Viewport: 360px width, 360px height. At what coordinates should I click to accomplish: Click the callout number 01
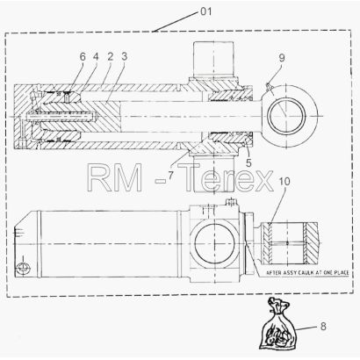[205, 11]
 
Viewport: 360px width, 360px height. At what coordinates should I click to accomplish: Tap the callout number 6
[83, 57]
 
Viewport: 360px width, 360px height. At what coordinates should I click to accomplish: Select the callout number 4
[96, 57]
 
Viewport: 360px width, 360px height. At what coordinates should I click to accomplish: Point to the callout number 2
[110, 56]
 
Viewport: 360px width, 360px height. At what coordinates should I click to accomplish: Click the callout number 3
[125, 56]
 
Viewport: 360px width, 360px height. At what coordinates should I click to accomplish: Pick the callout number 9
[282, 58]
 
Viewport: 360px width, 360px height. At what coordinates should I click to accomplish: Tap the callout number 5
[248, 163]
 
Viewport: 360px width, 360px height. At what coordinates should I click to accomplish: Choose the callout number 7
[170, 175]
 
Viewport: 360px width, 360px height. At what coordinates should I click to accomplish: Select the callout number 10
[284, 182]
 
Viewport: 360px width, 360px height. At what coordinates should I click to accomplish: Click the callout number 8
[323, 326]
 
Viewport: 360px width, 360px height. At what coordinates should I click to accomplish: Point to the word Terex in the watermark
[227, 177]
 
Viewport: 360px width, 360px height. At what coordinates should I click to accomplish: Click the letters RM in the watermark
[115, 177]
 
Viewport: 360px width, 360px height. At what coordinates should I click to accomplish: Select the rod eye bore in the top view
[287, 116]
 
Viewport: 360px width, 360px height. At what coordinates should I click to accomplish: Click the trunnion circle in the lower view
[214, 244]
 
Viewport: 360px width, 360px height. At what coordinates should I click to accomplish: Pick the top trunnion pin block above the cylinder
[213, 59]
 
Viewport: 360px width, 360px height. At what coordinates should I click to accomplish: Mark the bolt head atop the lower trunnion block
[231, 202]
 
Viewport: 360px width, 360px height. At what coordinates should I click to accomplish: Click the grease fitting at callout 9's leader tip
[268, 85]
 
